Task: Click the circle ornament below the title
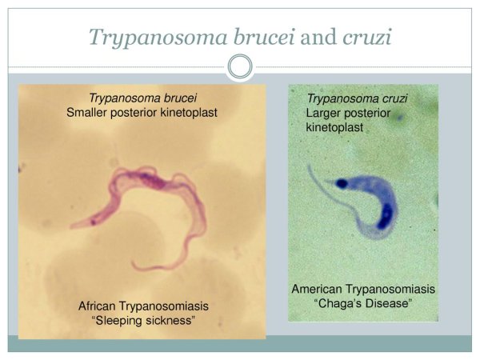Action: [240, 67]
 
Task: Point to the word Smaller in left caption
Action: [90, 113]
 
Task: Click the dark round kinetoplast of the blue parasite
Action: [342, 183]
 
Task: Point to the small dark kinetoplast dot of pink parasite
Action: [93, 220]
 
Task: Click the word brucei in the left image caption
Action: [178, 98]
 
